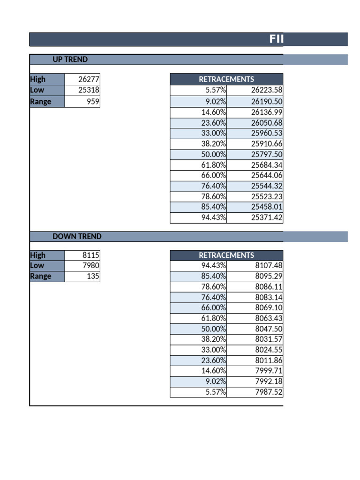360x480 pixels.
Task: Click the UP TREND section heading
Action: click(70, 60)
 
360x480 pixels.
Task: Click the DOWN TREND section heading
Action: click(77, 237)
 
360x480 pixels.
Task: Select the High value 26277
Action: click(89, 80)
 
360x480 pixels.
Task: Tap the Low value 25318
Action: click(89, 90)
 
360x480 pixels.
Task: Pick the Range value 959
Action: click(93, 101)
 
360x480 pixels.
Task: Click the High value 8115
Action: click(90, 255)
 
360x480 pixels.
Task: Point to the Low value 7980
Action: click(90, 266)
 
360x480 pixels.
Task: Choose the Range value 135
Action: click(93, 277)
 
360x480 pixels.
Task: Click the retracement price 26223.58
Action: click(267, 90)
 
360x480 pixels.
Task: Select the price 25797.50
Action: click(267, 155)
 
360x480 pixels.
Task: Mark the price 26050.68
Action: click(267, 123)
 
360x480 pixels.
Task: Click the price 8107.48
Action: click(269, 266)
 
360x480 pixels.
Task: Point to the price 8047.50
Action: click(269, 329)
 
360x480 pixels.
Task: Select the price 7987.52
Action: click(269, 392)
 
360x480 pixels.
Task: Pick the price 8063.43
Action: click(269, 318)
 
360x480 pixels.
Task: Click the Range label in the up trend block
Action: click(41, 101)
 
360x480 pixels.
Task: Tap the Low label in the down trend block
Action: click(37, 266)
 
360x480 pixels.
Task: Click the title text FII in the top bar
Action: click(277, 39)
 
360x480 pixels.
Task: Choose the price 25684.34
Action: click(267, 165)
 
